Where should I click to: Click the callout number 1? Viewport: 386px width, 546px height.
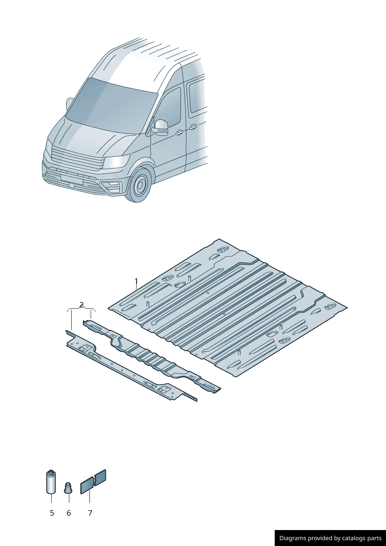click(x=136, y=281)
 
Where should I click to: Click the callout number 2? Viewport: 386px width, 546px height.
click(x=81, y=305)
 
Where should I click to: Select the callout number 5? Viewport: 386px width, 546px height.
click(x=52, y=513)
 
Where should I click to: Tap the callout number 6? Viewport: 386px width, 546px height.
click(x=68, y=513)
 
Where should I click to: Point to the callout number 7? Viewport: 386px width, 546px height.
click(x=90, y=513)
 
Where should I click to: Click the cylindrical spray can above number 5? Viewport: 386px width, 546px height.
click(x=51, y=482)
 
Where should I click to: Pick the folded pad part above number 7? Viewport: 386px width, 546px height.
click(x=93, y=482)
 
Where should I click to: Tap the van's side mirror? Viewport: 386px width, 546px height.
click(x=161, y=127)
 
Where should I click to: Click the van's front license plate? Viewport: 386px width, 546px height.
click(x=72, y=180)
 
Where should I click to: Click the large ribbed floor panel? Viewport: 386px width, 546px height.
click(x=233, y=307)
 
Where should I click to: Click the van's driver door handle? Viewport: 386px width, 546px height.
click(x=179, y=133)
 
